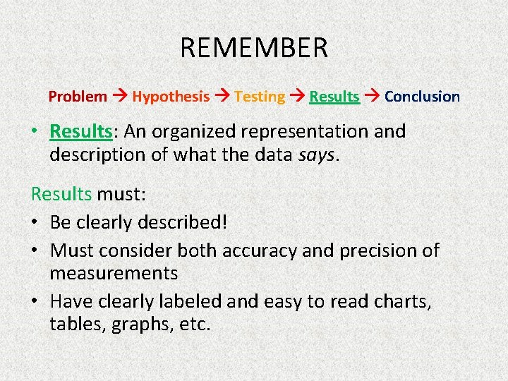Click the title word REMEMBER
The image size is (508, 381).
click(254, 48)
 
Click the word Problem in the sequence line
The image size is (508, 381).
click(78, 97)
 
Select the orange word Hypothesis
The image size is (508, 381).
click(171, 97)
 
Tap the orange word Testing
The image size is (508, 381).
click(260, 97)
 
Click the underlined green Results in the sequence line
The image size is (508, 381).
click(334, 97)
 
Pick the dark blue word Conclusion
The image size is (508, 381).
click(422, 97)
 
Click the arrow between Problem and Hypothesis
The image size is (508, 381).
click(120, 97)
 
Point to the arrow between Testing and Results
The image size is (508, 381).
click(297, 97)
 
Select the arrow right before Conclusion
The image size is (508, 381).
click(372, 97)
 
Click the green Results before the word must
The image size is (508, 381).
click(61, 193)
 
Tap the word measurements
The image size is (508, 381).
click(114, 272)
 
